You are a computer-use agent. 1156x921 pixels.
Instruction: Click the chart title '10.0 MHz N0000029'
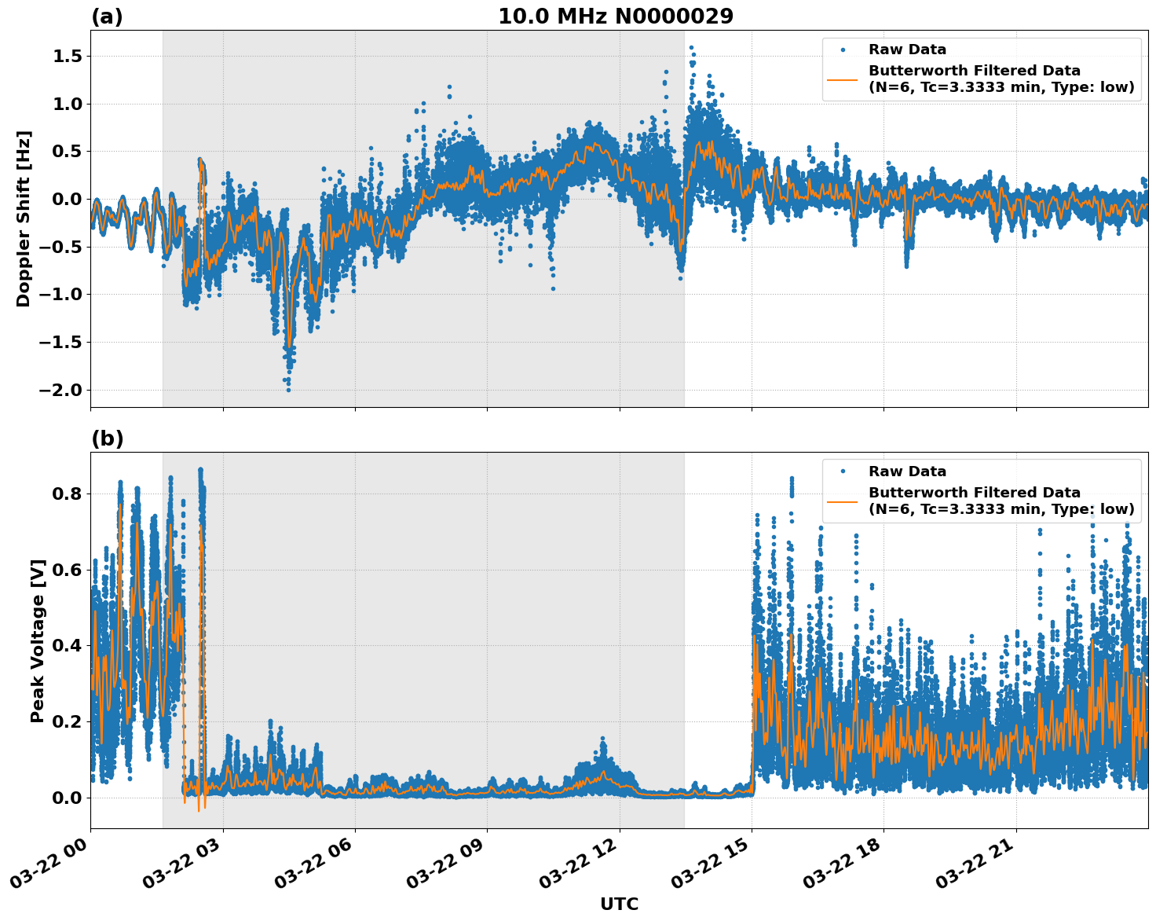(616, 17)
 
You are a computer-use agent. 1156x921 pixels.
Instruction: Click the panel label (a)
(107, 17)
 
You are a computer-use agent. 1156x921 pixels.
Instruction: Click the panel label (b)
(107, 438)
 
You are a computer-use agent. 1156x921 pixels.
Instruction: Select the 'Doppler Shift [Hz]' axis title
(24, 218)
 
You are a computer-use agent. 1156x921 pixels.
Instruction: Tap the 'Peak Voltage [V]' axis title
(38, 640)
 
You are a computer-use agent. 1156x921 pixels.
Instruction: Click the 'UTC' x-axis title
(619, 904)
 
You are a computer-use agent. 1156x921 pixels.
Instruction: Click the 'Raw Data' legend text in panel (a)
(907, 50)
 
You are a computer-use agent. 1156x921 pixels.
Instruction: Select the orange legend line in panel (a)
(843, 79)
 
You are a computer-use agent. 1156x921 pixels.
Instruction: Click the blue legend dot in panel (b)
(843, 472)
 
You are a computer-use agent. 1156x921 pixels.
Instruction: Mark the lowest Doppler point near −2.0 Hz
(288, 390)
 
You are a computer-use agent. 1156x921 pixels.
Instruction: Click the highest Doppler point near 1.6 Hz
(691, 48)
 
